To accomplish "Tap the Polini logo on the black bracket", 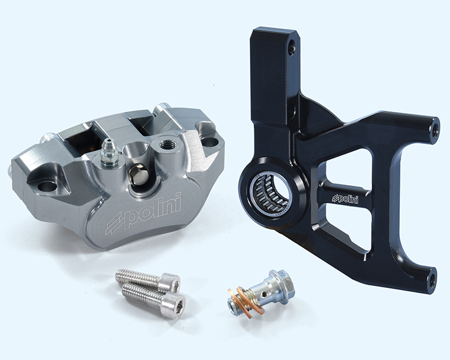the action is [345, 199].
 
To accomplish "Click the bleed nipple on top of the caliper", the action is [109, 152].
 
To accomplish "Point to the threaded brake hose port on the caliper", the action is [166, 143].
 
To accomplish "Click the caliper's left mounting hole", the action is [47, 186].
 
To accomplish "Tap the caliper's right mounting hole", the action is [210, 142].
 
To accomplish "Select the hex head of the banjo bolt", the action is [283, 284].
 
